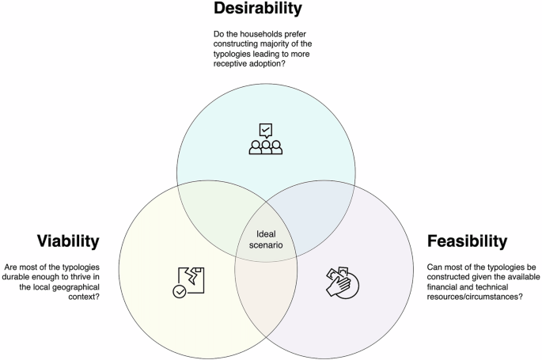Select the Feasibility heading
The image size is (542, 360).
(x=467, y=240)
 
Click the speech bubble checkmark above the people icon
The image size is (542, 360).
(x=266, y=129)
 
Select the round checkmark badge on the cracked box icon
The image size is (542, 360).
(x=182, y=290)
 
